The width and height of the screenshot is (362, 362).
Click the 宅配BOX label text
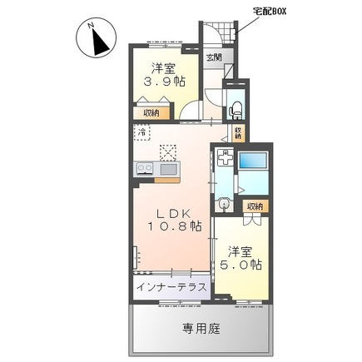click(x=269, y=12)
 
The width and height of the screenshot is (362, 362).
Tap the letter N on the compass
click(x=91, y=26)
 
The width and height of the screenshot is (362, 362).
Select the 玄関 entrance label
click(x=214, y=57)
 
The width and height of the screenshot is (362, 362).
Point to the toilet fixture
click(x=236, y=110)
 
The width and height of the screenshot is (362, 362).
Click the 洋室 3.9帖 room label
click(x=164, y=75)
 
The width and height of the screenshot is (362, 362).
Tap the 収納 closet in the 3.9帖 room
click(x=151, y=113)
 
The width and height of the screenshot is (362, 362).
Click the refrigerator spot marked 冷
click(x=142, y=132)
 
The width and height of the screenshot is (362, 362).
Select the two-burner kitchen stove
click(x=145, y=168)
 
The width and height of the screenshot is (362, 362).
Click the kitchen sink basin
click(x=168, y=169)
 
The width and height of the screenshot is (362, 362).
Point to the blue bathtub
click(x=253, y=160)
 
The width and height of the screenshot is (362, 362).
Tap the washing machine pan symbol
click(x=225, y=157)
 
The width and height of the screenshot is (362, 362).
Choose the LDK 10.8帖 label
click(x=175, y=221)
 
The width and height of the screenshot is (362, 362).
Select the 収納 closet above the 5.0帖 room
click(x=255, y=206)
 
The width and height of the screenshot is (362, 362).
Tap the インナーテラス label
click(x=172, y=287)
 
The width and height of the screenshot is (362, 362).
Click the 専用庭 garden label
click(x=201, y=329)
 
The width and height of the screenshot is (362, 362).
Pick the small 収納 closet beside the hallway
click(x=239, y=133)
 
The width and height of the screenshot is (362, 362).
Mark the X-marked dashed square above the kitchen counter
click(x=168, y=152)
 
